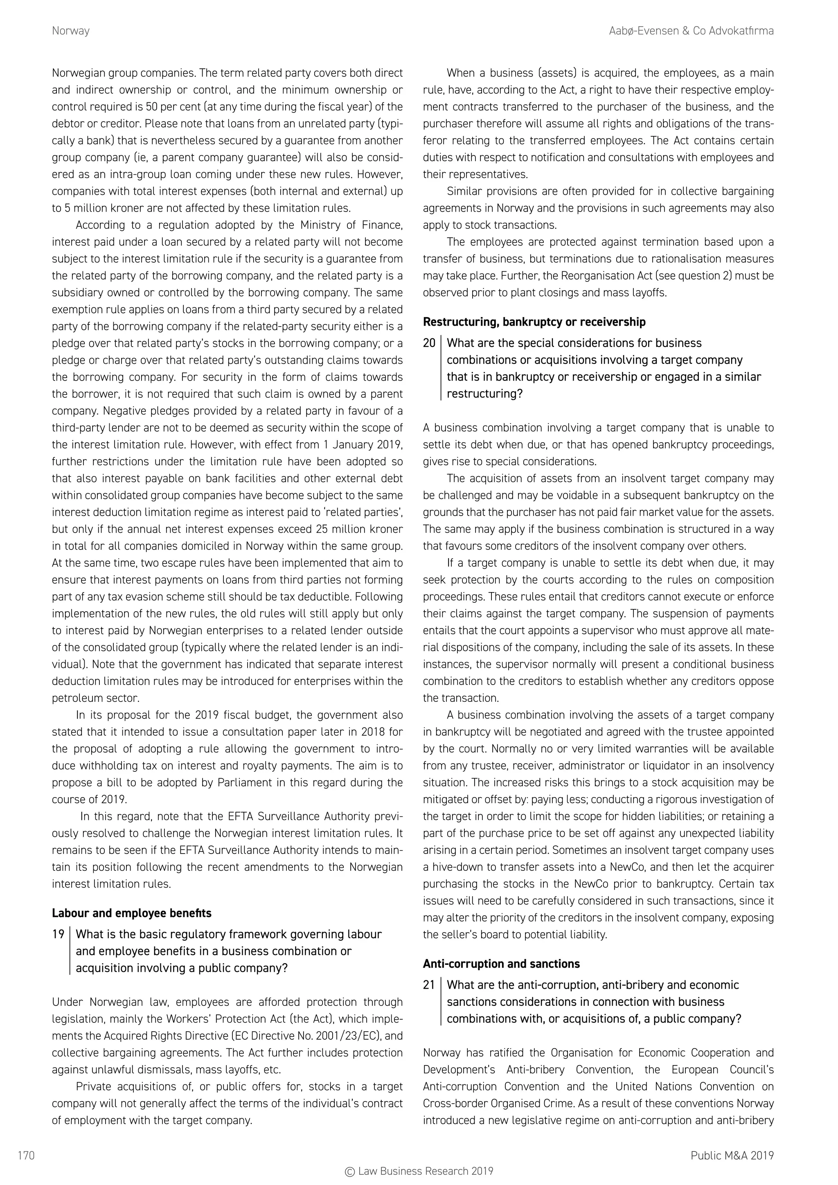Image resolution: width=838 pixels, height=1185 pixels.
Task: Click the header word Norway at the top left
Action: tap(71, 31)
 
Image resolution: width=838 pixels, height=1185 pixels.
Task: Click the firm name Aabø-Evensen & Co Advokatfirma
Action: tap(691, 31)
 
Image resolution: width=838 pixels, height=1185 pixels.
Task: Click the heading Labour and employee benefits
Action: tap(132, 913)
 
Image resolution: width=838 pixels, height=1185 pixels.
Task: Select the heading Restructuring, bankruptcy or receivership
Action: tap(534, 322)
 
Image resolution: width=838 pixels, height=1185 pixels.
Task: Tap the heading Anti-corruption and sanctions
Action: tap(501, 964)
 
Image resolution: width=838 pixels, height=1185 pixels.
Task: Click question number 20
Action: tap(429, 343)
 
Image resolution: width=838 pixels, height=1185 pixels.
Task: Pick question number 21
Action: tap(429, 985)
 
